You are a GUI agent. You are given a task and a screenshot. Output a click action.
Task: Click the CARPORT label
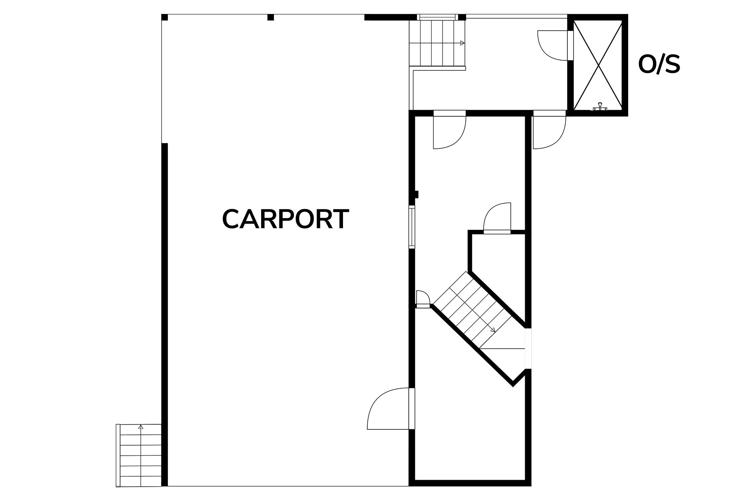[x=286, y=219]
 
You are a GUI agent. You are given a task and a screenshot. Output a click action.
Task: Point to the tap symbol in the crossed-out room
[x=600, y=107]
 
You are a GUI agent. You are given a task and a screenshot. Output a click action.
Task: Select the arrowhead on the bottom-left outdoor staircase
[x=141, y=427]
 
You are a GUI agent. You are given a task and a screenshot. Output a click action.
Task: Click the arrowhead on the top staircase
[x=462, y=43]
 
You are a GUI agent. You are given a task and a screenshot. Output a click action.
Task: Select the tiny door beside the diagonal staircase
[x=423, y=299]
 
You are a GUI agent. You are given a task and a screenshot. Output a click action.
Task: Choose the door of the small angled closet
[x=497, y=218]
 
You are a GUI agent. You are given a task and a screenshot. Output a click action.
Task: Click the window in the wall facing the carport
[x=412, y=227]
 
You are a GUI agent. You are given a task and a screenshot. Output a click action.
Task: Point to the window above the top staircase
[x=437, y=17]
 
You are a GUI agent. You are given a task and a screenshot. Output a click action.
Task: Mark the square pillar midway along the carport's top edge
[x=270, y=17]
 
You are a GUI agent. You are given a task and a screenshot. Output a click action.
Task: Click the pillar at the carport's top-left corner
[x=164, y=17]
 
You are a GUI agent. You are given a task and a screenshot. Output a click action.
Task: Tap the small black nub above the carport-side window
[x=417, y=195]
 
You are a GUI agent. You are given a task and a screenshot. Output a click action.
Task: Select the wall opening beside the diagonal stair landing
[x=528, y=349]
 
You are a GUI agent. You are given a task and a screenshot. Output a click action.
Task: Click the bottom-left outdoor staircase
[x=139, y=455]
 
